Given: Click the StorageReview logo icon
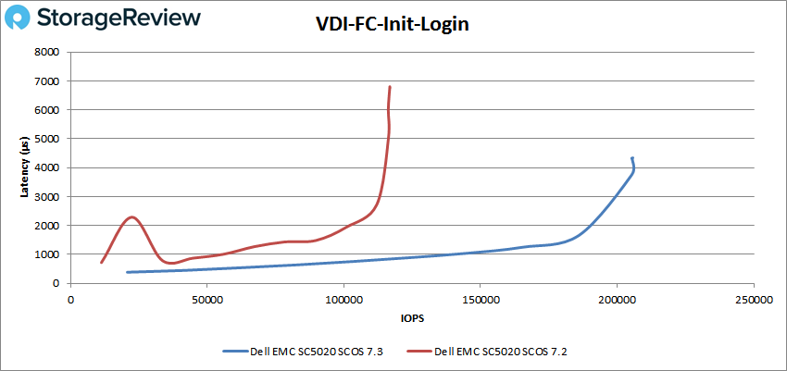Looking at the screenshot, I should point(22,19).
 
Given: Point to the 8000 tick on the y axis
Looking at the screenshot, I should point(47,53).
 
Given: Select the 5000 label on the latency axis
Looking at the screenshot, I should point(47,139).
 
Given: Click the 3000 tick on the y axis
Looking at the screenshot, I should point(47,196).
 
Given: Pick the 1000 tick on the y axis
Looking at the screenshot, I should point(47,254).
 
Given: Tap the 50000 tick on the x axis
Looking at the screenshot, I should point(206,300).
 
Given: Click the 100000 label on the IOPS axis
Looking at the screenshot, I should point(344,300).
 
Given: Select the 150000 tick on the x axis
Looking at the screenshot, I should point(480,300).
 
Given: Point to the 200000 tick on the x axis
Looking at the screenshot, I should point(616,300).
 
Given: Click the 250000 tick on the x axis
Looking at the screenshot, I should point(752,300).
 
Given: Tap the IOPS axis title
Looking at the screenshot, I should point(411,318).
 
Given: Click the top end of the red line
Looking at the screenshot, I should point(390,87).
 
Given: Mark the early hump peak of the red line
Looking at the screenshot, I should point(131,217).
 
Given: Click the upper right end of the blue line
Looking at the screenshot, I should point(632,158).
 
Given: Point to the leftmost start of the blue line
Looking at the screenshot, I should point(127,272).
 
